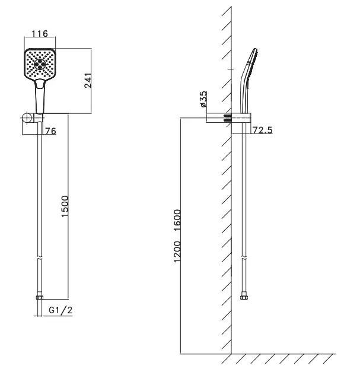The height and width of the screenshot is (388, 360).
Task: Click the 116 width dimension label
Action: click(40, 33)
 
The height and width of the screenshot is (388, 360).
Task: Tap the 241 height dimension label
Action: click(88, 81)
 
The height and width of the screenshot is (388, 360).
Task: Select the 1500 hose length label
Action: click(65, 206)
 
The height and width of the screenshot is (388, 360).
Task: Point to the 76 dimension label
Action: click(51, 131)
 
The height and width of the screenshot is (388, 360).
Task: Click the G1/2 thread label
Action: click(60, 310)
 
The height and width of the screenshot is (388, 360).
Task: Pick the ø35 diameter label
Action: click(203, 99)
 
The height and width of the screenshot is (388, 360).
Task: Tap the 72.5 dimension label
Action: click(263, 130)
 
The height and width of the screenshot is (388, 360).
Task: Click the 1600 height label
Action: click(177, 220)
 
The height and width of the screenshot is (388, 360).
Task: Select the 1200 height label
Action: click(177, 252)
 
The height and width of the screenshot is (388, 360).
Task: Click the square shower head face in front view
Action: click(40, 64)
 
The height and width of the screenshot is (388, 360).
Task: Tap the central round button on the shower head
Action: click(40, 64)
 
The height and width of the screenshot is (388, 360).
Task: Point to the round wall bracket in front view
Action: click(27, 117)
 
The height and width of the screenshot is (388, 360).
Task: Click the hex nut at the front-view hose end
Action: click(40, 297)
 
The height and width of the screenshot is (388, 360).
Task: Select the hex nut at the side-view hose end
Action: click(244, 297)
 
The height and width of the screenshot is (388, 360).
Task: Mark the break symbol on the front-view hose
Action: click(40, 258)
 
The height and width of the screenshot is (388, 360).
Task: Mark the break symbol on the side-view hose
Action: click(244, 258)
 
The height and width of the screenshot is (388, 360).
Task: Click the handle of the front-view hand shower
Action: click(40, 97)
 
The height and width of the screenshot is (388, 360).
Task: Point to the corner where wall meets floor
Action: click(231, 354)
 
